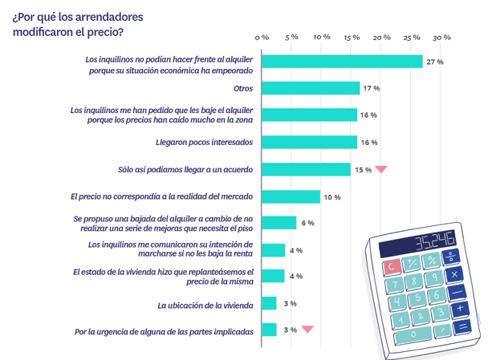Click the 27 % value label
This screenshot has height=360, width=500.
(435, 62)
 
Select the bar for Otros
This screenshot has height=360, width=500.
(311, 88)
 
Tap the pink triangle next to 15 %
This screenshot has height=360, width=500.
(381, 169)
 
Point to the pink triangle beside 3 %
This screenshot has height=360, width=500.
(307, 329)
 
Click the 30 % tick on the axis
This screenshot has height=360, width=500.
(441, 37)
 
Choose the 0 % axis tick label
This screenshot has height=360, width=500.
(262, 37)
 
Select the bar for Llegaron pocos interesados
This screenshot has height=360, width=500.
(309, 142)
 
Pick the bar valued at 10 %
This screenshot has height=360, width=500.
(291, 196)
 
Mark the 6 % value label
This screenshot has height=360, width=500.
(307, 223)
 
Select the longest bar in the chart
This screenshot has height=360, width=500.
(342, 62)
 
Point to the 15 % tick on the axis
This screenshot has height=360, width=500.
(351, 37)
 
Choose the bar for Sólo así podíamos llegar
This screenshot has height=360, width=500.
(306, 169)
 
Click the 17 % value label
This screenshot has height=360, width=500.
(371, 88)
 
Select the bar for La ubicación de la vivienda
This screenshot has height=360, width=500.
(270, 303)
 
